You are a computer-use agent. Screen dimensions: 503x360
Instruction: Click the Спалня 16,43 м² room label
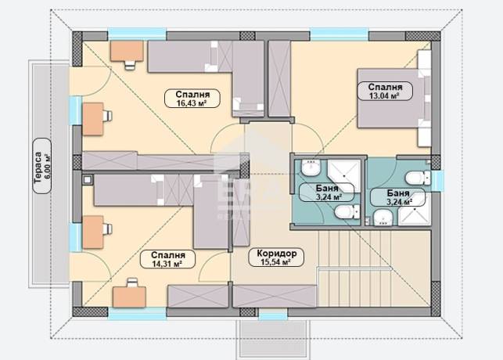[x=192, y=98]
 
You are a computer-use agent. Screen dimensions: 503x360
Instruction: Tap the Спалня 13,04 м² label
[x=385, y=91]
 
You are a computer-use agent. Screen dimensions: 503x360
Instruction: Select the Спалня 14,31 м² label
[x=167, y=259]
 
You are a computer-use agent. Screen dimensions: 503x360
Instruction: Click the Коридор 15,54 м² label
[x=276, y=257]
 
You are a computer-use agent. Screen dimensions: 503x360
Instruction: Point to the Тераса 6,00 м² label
[x=42, y=166]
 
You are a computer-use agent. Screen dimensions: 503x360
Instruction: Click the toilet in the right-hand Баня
[x=418, y=178]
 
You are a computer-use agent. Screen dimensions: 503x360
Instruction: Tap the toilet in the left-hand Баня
[x=347, y=212]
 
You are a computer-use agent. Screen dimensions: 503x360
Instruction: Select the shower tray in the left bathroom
[x=344, y=176]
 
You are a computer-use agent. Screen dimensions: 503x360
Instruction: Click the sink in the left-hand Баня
[x=311, y=167]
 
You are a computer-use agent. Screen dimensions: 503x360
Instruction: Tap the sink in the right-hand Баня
[x=383, y=218]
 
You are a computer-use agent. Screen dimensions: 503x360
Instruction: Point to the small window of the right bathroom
[x=437, y=178]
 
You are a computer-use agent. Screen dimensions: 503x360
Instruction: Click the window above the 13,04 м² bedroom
[x=339, y=34]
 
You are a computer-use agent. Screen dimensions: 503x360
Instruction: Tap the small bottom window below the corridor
[x=273, y=315]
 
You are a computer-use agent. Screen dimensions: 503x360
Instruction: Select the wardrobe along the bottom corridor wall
[x=275, y=296]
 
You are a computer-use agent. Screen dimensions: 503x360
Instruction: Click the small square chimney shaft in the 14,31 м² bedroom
[x=88, y=179]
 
